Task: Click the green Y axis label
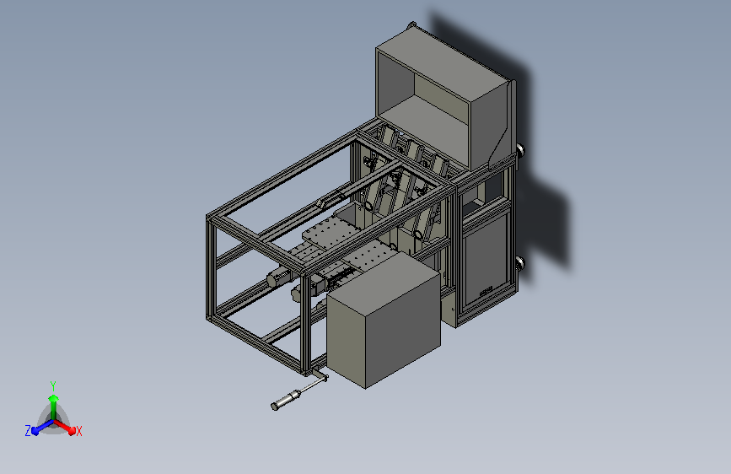point(53,385)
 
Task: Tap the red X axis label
point(78,432)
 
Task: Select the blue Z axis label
point(28,431)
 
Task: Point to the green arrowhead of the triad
point(53,398)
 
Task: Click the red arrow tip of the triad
point(72,430)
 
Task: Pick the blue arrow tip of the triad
point(35,431)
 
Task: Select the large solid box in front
point(384,319)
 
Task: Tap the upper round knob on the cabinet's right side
point(520,150)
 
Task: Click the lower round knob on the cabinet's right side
point(520,264)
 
